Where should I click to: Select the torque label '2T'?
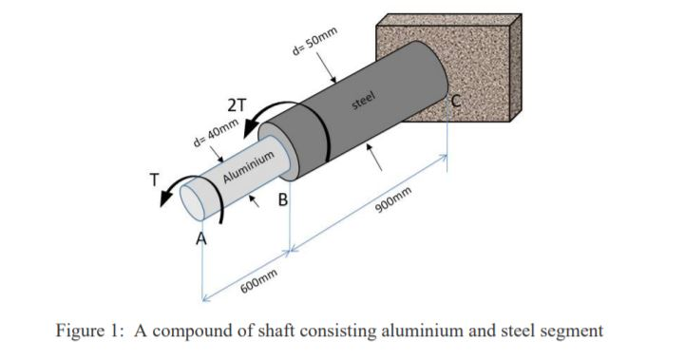click(233, 106)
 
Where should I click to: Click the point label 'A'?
click(200, 237)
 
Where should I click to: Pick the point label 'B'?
click(282, 200)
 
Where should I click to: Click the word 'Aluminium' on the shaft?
click(250, 166)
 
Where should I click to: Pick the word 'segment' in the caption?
click(571, 332)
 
